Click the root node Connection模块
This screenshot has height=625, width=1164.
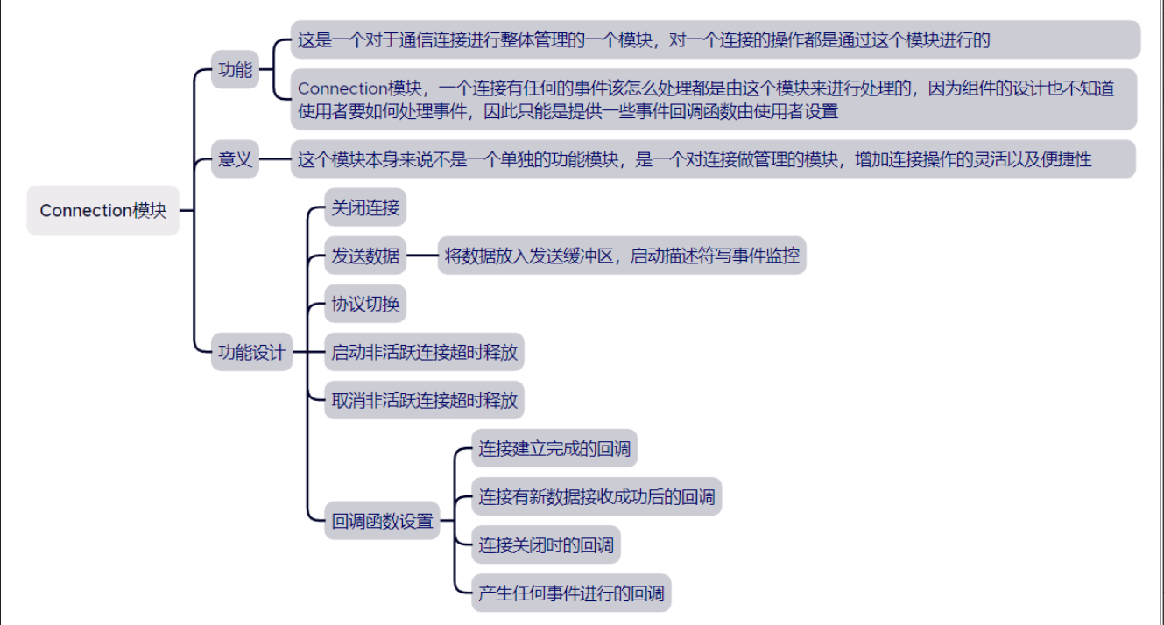click(x=102, y=210)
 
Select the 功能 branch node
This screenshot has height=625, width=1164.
click(x=235, y=69)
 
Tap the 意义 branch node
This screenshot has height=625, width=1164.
click(x=235, y=159)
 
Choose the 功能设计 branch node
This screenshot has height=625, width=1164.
click(x=251, y=352)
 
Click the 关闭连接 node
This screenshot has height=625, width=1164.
click(x=365, y=207)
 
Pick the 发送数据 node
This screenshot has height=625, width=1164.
click(x=365, y=255)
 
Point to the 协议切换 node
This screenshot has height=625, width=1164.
click(x=365, y=304)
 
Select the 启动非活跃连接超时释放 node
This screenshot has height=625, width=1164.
click(x=424, y=352)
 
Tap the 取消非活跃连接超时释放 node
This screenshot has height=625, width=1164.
click(x=424, y=400)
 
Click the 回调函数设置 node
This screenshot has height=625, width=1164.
click(x=382, y=521)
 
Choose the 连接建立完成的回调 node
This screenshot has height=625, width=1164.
click(x=554, y=448)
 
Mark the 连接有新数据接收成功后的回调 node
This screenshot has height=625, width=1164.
click(x=596, y=496)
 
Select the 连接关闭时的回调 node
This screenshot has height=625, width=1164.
click(x=547, y=544)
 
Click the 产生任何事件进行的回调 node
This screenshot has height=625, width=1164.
click(x=571, y=593)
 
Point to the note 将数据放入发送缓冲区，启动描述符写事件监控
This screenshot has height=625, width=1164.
click(x=622, y=255)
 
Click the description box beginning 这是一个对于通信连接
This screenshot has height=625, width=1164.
click(x=716, y=39)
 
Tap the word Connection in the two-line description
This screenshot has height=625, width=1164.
click(x=342, y=88)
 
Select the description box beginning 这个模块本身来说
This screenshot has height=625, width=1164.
click(x=713, y=159)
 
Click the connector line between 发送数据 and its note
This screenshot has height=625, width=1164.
click(x=422, y=255)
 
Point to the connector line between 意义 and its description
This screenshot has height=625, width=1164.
click(x=274, y=159)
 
